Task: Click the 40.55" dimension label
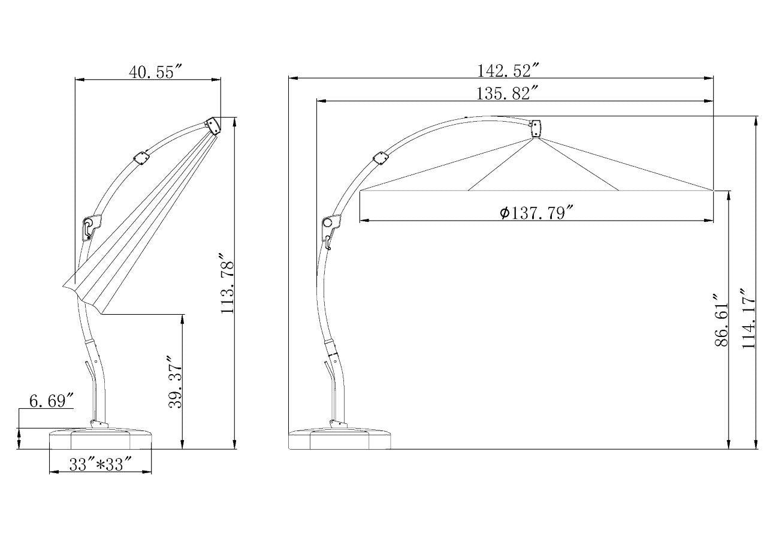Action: (x=155, y=72)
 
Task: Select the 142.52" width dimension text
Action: (x=509, y=71)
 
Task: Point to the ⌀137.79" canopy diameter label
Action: (x=536, y=213)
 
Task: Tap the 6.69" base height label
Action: (x=52, y=401)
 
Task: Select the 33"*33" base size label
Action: (x=101, y=465)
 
